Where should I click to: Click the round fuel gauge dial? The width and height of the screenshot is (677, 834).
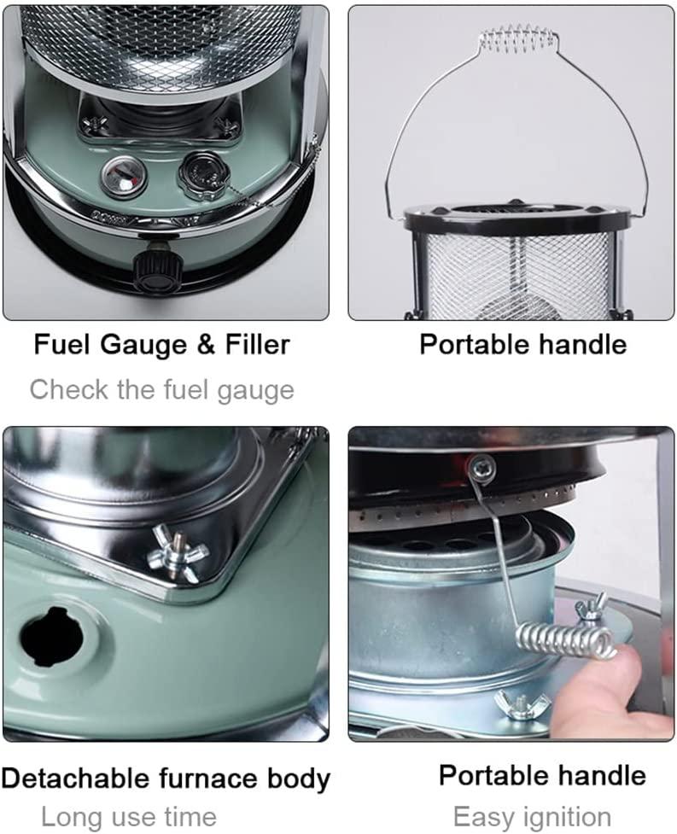[124, 176]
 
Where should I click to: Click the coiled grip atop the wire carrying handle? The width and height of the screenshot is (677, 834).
[518, 38]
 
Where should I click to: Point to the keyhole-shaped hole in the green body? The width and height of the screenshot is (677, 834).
[51, 636]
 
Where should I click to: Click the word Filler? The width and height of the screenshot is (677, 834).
[258, 344]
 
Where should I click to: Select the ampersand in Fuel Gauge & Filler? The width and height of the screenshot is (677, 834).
[206, 345]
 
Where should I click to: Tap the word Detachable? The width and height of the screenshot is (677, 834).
[75, 779]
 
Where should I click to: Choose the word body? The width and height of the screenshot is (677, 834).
[299, 779]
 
